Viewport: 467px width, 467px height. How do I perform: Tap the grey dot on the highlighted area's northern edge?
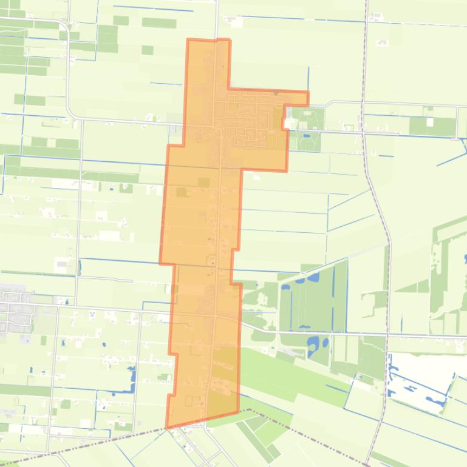pyautogui.click(x=276, y=93)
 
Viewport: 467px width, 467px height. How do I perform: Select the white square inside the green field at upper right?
pyautogui.click(x=430, y=122)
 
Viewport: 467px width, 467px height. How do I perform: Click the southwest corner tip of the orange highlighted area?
pyautogui.click(x=166, y=427)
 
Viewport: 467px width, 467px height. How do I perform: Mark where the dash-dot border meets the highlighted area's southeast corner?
pyautogui.click(x=238, y=412)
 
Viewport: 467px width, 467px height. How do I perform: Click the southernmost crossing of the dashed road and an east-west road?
pyautogui.click(x=386, y=334)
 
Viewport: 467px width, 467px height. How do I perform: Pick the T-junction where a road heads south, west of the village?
pyautogui.click(x=81, y=120)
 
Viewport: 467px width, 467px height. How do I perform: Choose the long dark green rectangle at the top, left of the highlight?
pyautogui.click(x=159, y=22)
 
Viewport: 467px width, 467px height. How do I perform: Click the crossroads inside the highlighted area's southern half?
pyautogui.click(x=214, y=315)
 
